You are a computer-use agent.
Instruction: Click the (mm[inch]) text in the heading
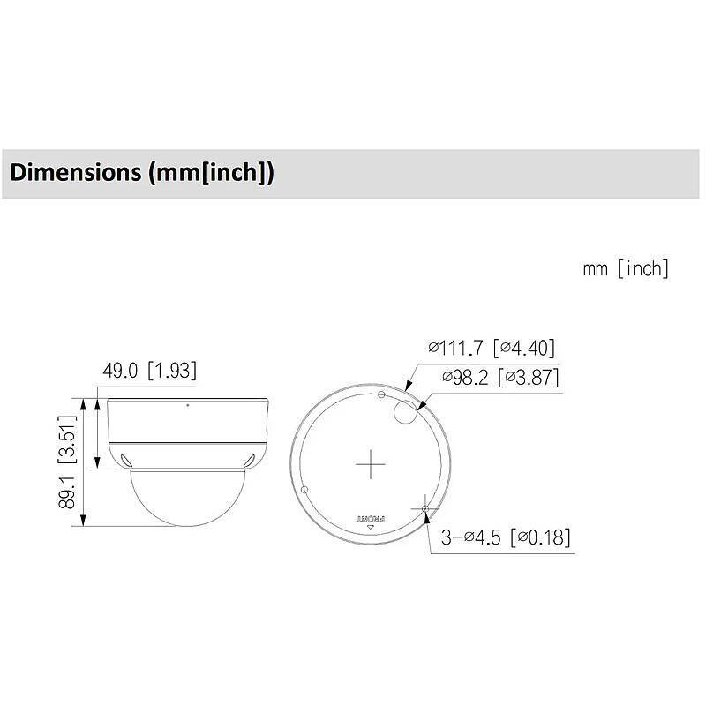tap(209, 172)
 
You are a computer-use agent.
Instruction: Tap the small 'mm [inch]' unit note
tap(625, 268)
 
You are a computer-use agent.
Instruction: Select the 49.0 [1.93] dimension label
tap(149, 371)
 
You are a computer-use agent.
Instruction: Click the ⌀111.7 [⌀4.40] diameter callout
tap(492, 348)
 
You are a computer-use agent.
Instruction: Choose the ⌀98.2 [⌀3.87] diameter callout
tap(499, 378)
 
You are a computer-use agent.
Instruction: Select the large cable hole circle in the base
tap(407, 410)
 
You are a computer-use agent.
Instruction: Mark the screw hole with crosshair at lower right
tap(426, 509)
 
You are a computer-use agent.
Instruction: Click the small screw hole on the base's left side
tap(304, 489)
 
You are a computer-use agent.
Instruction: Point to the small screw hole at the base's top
tap(380, 394)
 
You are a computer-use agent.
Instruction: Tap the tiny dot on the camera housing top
tap(187, 407)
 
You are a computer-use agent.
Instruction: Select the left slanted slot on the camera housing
tap(126, 459)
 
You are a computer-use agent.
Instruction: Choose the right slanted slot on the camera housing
tap(249, 459)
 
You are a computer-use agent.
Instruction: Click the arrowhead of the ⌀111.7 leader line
tap(405, 387)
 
